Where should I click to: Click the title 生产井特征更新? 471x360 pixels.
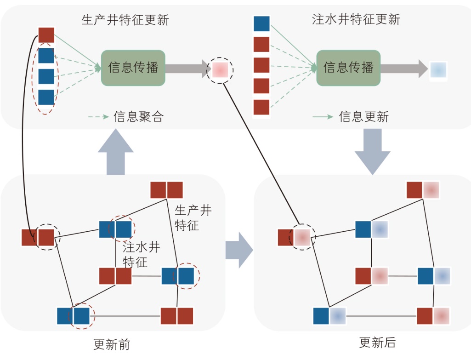pyautogui.click(x=125, y=20)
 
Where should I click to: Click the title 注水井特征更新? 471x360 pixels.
pyautogui.click(x=356, y=19)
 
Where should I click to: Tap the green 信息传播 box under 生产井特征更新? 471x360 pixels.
pyautogui.click(x=133, y=68)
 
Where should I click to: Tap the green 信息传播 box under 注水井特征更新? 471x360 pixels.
pyautogui.click(x=348, y=68)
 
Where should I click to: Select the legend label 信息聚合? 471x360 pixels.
pyautogui.click(x=138, y=117)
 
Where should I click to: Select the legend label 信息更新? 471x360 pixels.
pyautogui.click(x=363, y=117)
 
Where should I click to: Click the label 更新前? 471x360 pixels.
pyautogui.click(x=112, y=344)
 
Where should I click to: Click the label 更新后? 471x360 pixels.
pyautogui.click(x=377, y=343)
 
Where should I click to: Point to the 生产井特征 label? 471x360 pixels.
pyautogui.click(x=193, y=218)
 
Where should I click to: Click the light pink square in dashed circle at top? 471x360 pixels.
pyautogui.click(x=220, y=69)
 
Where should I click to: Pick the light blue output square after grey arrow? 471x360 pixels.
pyautogui.click(x=438, y=69)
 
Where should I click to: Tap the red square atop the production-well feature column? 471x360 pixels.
pyautogui.click(x=46, y=35)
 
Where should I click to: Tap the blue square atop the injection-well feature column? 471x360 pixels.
pyautogui.click(x=261, y=23)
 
